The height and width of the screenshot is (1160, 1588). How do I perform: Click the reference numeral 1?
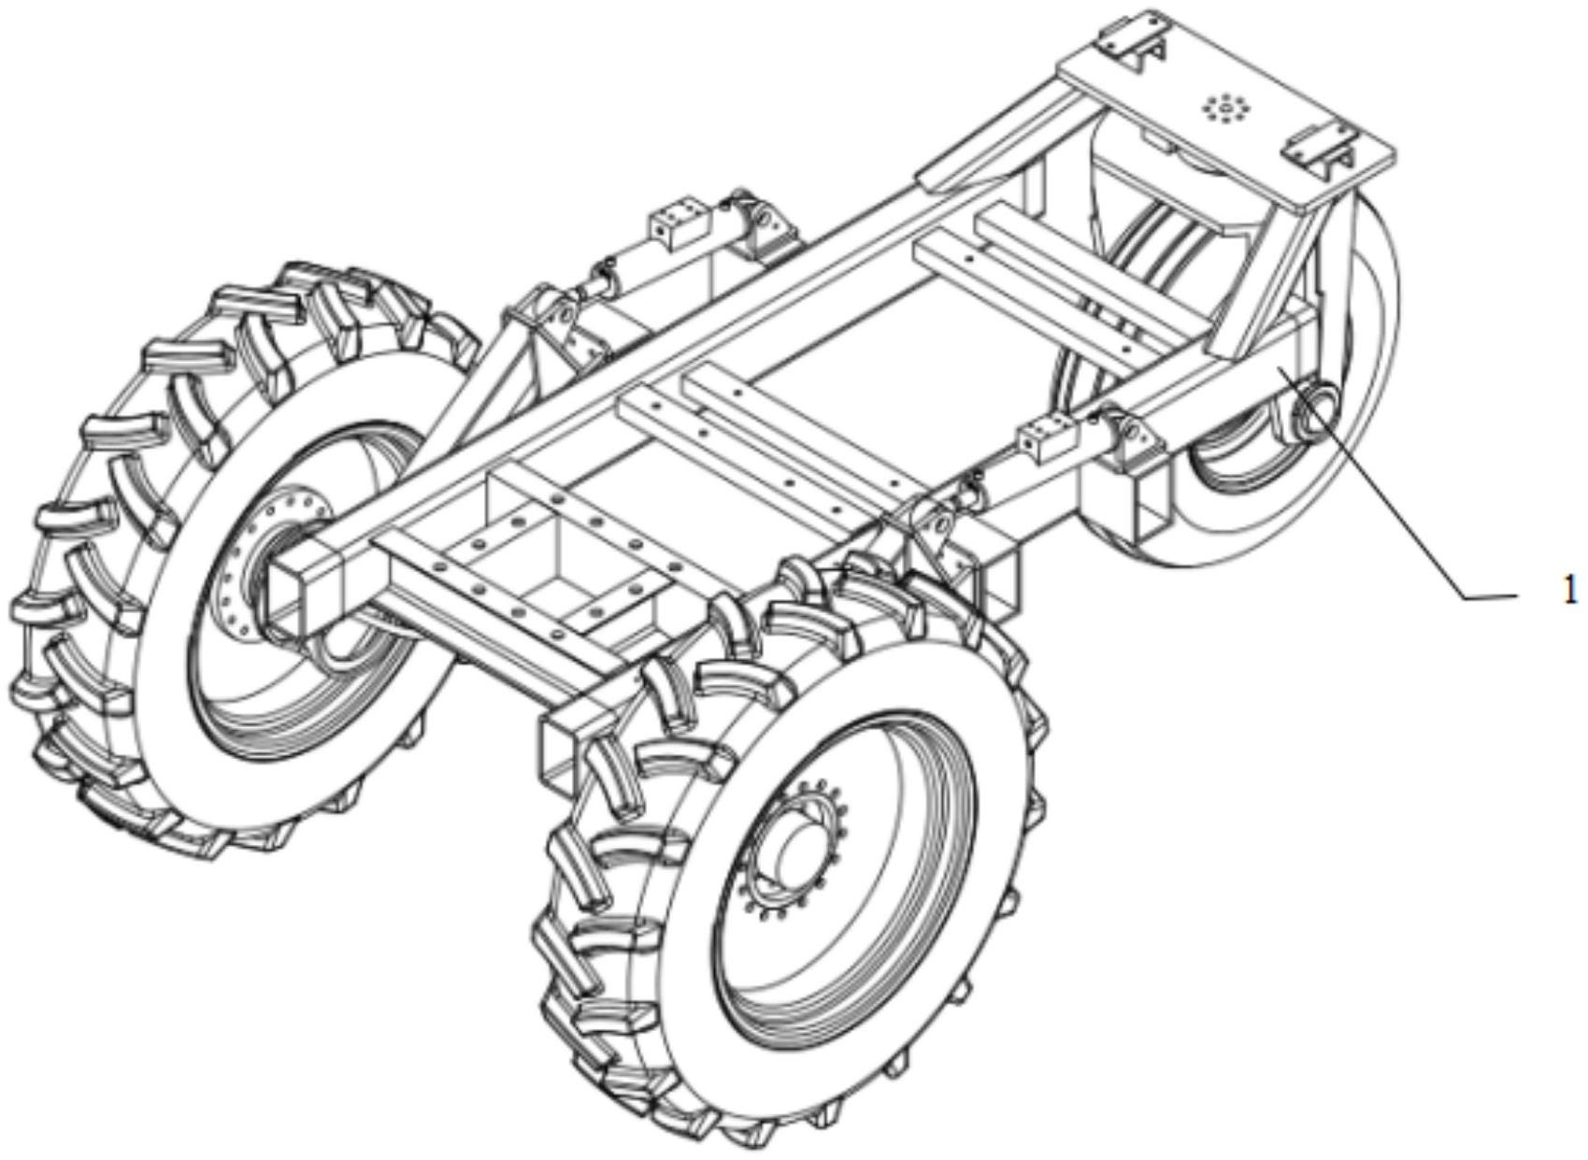pos(1569,590)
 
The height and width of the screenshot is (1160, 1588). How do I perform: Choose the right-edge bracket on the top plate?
pos(1320,146)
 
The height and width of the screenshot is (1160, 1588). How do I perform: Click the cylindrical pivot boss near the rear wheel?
pos(1314,411)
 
